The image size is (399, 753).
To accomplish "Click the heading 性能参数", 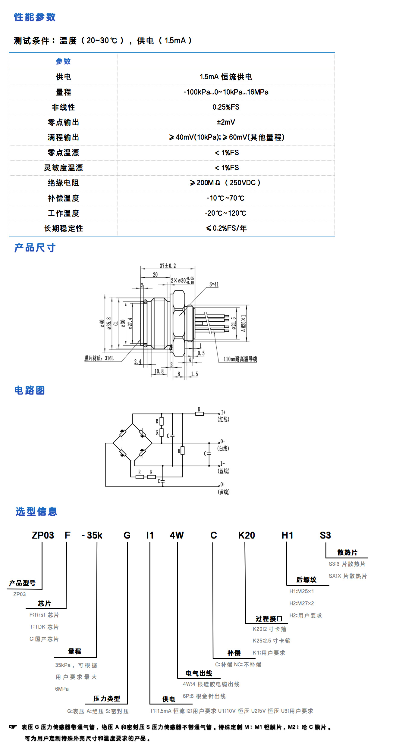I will pos(35,17).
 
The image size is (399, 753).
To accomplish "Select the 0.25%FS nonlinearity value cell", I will pos(226,107).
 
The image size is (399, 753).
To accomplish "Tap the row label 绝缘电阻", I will pos(63,183).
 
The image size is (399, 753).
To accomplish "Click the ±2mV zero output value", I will pos(226,122).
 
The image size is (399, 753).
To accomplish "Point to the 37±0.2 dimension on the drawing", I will pos(168,266).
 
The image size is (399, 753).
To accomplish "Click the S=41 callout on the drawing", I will pos(214,284).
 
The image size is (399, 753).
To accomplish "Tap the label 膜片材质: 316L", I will pos(99,358).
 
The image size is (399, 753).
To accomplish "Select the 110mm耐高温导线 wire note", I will pos(240,359).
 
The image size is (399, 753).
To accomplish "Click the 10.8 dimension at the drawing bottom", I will pos(159,371).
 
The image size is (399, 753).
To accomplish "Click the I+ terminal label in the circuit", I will pos(223,412).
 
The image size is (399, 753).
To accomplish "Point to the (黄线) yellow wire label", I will pos(224,492).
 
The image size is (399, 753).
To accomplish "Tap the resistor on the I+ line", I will pos(199,414).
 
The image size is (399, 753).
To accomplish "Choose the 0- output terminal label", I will pos(223,441).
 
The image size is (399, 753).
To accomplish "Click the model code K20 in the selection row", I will pos(246,535).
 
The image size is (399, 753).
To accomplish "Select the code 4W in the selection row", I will pos(177,535).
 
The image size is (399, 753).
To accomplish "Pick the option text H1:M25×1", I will pos(301,591).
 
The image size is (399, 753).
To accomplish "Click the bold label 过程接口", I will pos(269,619).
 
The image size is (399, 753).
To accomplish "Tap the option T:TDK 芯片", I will pos(44,627).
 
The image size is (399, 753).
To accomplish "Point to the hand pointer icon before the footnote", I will pos(13,727).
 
